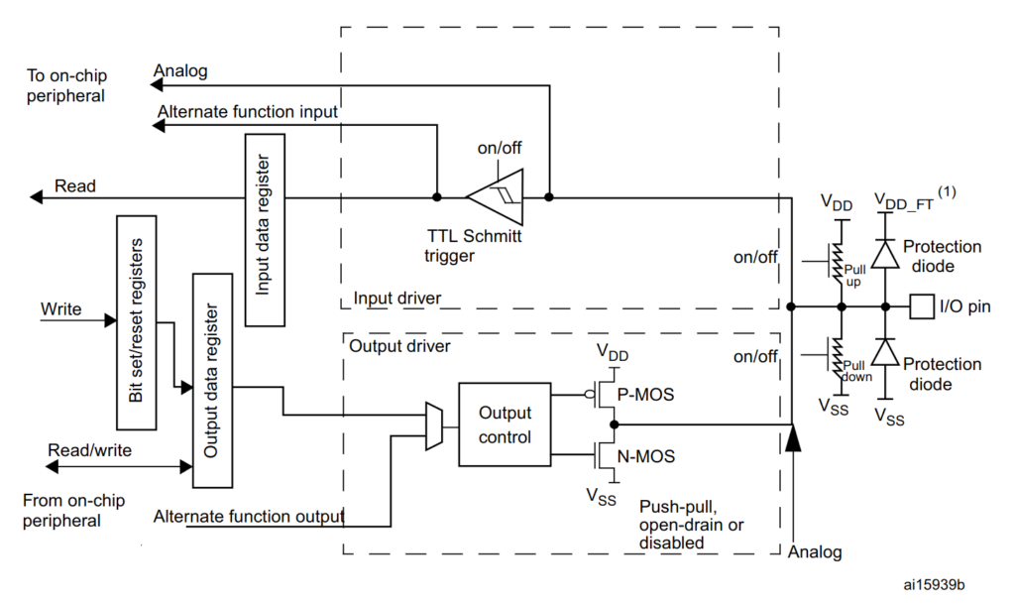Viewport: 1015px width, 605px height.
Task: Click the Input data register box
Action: click(265, 230)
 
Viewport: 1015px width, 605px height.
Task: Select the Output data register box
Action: click(212, 380)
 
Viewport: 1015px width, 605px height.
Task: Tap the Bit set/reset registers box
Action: click(136, 322)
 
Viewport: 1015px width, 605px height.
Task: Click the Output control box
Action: click(505, 424)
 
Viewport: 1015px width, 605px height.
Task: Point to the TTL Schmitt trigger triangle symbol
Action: click(495, 197)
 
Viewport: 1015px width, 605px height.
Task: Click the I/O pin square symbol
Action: click(922, 306)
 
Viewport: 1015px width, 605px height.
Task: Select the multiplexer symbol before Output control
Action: click(434, 425)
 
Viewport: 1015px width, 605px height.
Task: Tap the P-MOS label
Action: click(645, 395)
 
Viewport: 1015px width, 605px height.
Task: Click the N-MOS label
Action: click(645, 456)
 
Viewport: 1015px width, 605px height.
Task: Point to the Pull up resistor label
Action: click(854, 276)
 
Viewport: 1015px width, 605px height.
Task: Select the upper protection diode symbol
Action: click(885, 254)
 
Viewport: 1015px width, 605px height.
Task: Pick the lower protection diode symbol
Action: click(885, 352)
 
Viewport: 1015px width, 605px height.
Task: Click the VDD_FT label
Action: click(904, 201)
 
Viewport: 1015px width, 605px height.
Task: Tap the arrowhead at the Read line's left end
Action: click(37, 197)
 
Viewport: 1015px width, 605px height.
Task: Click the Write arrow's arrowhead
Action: click(111, 320)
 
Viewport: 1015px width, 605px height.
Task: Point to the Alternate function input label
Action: click(247, 112)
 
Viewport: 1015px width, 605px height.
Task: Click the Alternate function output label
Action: click(249, 517)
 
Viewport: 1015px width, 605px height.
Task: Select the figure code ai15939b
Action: click(934, 585)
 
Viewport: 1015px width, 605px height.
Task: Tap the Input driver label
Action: click(396, 298)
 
